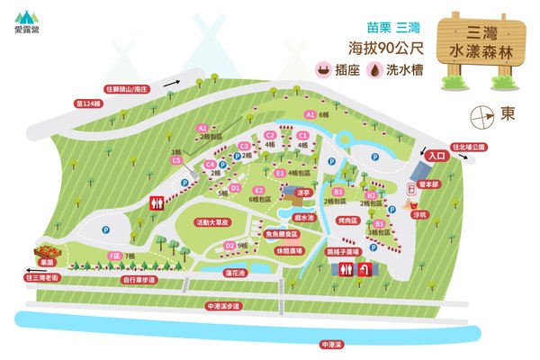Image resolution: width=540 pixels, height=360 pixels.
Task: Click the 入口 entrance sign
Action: coord(437,156)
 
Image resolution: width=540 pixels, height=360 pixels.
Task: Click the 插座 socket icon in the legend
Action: coord(319,70)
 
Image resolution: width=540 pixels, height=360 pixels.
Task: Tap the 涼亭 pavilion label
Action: coord(302,192)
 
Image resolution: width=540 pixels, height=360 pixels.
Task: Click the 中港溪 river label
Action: coord(331,344)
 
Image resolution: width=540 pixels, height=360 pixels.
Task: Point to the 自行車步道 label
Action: coord(139,280)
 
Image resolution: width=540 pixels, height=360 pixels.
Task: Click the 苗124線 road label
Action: coord(90,103)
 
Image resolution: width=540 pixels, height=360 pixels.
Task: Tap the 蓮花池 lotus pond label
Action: coord(238,272)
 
